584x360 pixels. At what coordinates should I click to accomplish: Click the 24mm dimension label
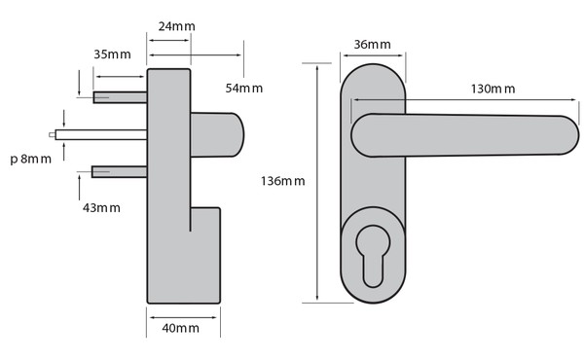176,26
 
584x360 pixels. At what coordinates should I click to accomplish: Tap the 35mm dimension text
112,54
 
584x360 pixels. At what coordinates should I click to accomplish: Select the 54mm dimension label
244,89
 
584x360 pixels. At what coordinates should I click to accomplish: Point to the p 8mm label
30,159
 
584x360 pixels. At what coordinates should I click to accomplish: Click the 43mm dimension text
101,208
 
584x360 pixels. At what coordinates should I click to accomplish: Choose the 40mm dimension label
181,328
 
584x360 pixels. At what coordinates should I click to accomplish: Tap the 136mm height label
282,181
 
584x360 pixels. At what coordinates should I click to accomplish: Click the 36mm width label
372,45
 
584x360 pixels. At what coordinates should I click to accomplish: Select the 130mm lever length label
493,89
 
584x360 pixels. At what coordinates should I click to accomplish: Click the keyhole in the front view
373,255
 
